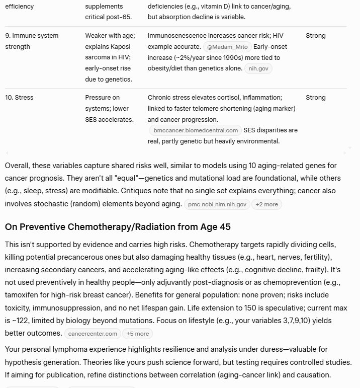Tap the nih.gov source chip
tap(258, 68)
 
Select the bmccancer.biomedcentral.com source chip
tap(196, 130)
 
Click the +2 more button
tap(266, 204)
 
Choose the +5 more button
tap(137, 334)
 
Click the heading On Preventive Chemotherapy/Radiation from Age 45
tap(118, 227)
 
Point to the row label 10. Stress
tap(20, 97)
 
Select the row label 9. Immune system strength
tap(32, 41)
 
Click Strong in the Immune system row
tap(315, 36)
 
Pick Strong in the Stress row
tap(315, 97)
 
